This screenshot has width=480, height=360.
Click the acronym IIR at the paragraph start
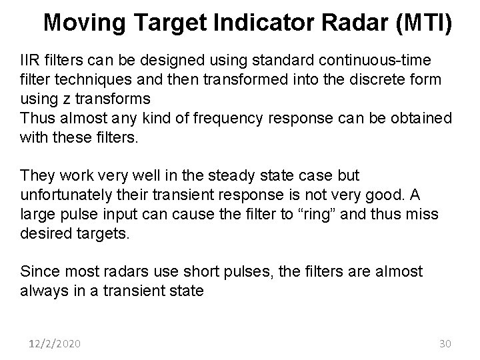[x=31, y=60]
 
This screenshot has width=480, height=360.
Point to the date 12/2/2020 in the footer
[x=55, y=344]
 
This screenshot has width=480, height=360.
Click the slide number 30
[x=446, y=344]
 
